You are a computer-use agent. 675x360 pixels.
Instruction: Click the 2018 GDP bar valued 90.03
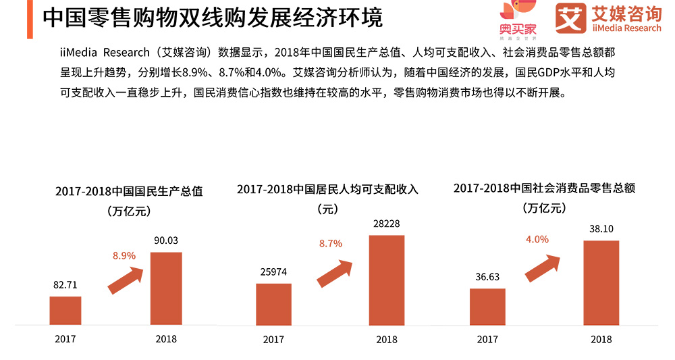pos(165,288)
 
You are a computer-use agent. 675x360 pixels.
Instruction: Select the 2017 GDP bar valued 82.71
pos(65,310)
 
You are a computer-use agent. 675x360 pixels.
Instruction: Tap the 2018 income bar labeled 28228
pos(386,279)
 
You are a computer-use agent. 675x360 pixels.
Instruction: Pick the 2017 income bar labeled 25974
pos(273,303)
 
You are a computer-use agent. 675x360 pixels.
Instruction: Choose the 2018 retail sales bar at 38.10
pos(601,282)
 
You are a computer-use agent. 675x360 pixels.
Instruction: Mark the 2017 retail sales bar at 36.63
pos(487,306)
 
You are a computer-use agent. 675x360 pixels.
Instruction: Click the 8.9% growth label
pos(124,255)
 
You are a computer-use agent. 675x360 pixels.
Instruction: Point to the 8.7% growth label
pos(331,243)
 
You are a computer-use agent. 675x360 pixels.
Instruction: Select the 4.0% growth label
pos(537,239)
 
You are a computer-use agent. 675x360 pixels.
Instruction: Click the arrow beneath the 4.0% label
pos(543,268)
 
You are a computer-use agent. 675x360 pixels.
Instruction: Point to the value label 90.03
pos(165,240)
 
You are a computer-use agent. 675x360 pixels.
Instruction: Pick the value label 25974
pos(273,272)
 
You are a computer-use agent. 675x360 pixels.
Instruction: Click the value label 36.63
pos(487,276)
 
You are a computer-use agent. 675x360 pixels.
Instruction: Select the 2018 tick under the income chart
pos(386,339)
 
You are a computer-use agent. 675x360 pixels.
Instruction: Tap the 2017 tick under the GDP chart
pos(65,338)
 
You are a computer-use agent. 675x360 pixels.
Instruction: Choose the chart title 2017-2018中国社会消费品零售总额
pos(544,188)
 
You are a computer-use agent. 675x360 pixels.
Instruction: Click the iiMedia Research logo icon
pos(570,20)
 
